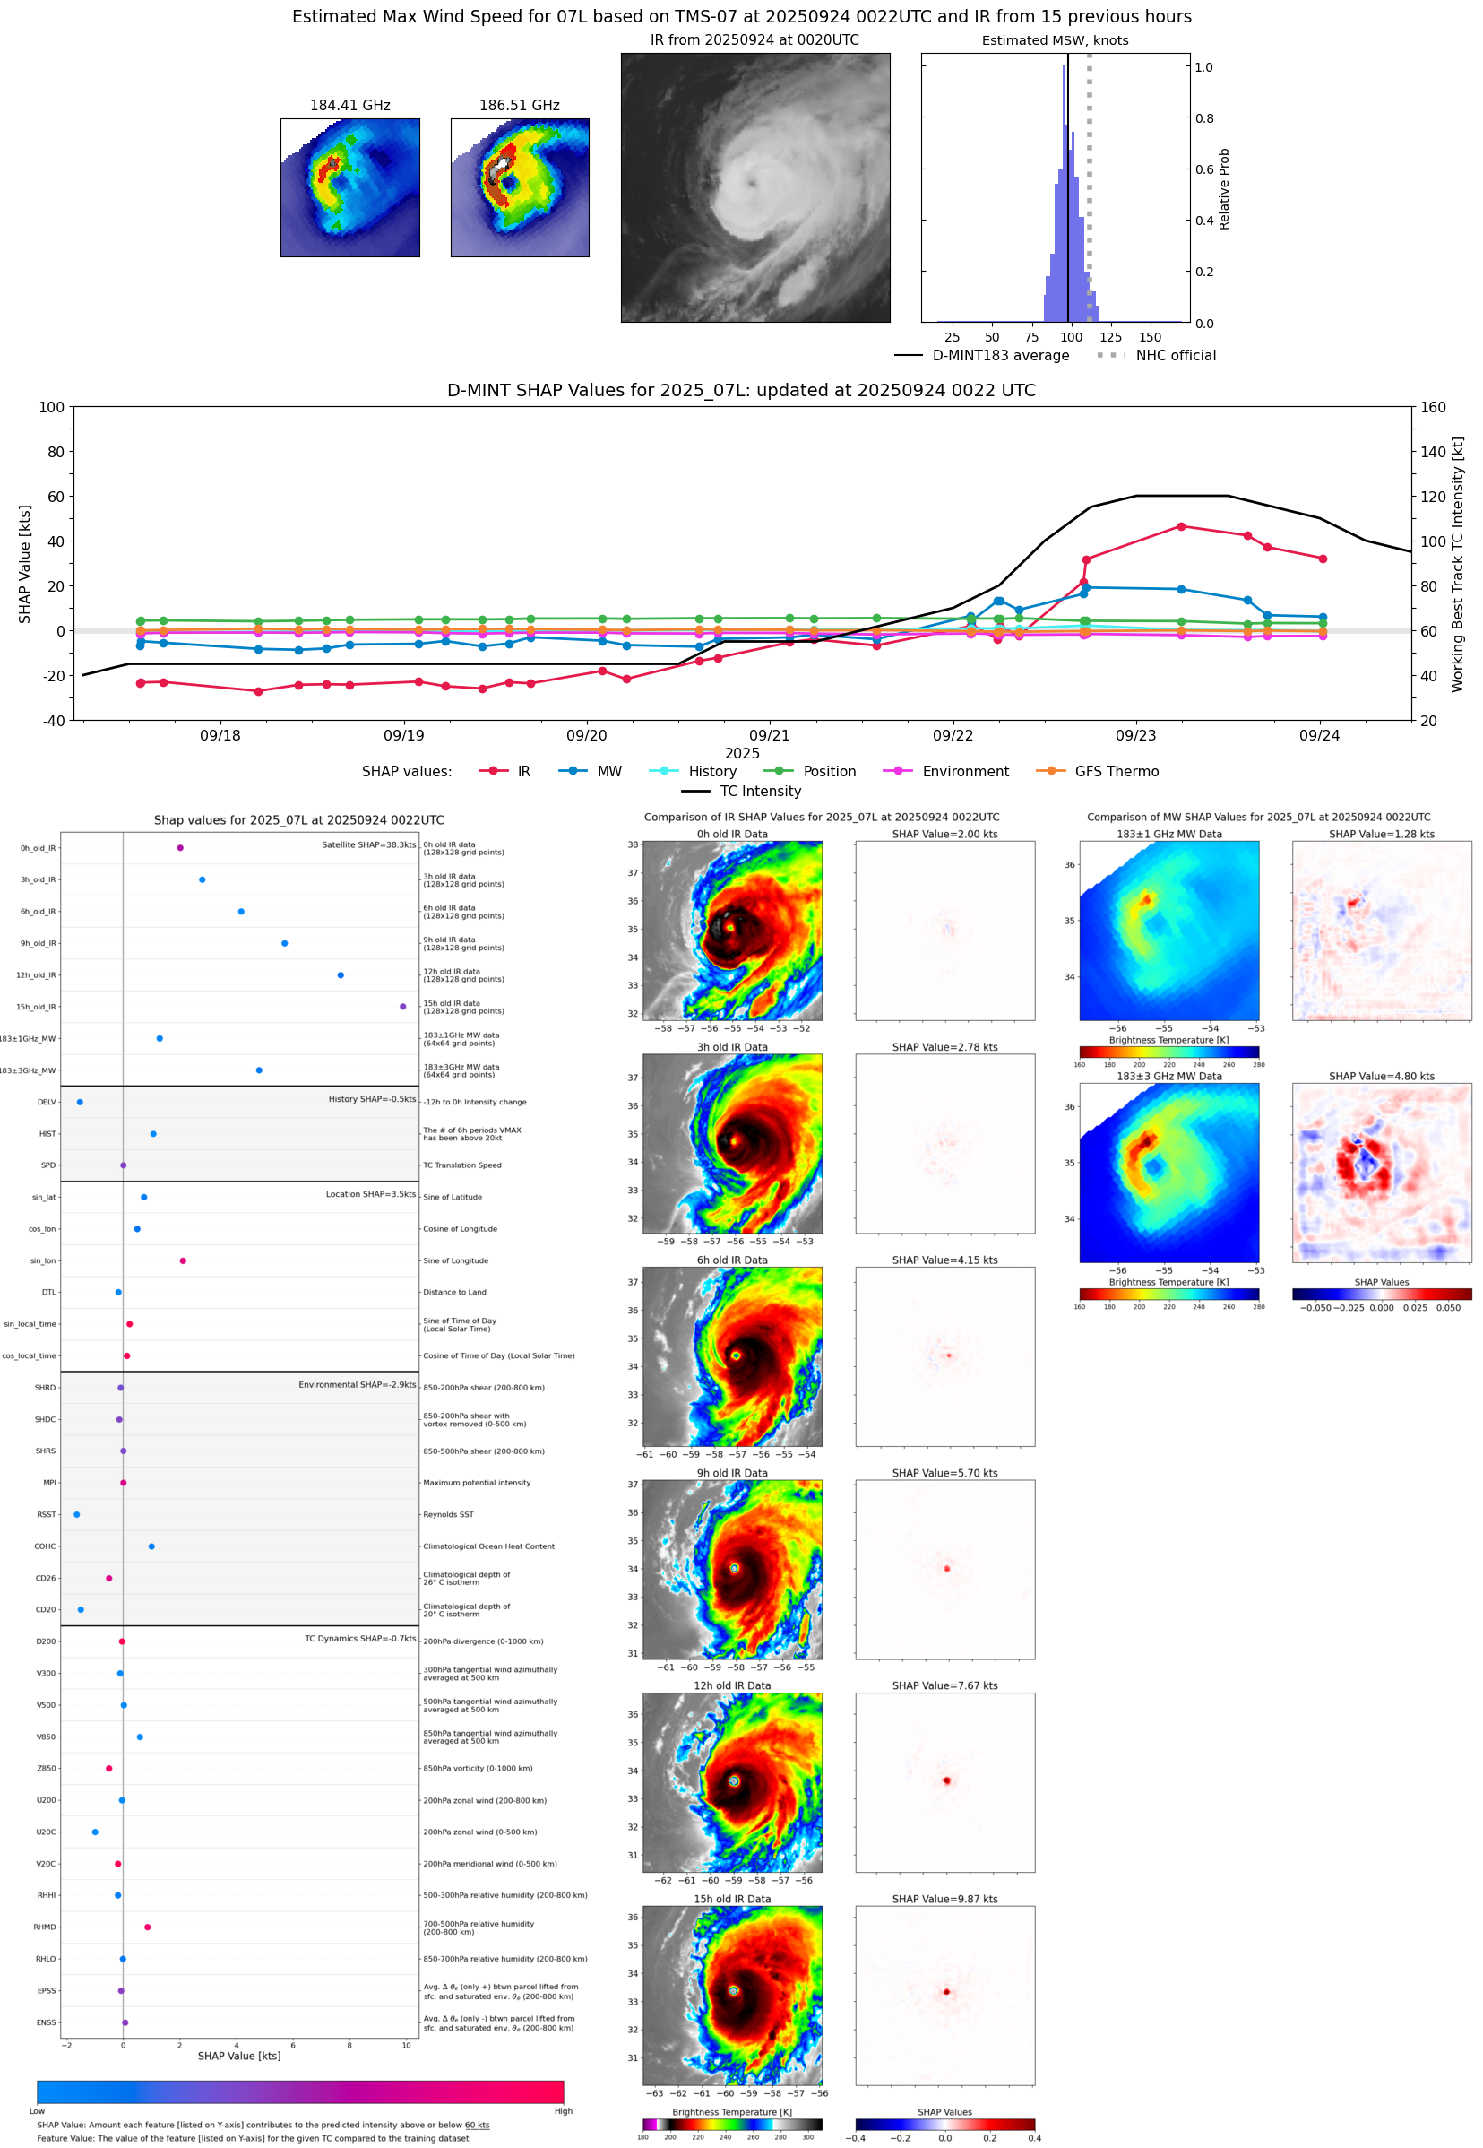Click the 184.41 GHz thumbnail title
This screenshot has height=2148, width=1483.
tap(349, 105)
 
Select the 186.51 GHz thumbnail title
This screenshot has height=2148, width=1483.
tap(520, 105)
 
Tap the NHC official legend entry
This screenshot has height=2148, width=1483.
tap(1175, 355)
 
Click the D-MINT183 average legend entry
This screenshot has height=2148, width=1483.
tap(1000, 355)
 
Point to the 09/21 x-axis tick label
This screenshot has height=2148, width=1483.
tap(770, 735)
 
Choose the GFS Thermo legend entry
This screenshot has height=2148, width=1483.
tap(1116, 772)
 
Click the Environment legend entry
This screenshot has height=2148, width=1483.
tap(964, 772)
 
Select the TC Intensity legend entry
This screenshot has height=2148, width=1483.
tap(759, 791)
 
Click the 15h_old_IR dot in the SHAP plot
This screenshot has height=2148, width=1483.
tap(402, 1007)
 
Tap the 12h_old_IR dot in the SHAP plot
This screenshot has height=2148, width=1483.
tap(341, 975)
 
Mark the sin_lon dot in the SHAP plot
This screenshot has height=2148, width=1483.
tap(183, 1260)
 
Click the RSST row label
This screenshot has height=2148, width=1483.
tap(47, 1515)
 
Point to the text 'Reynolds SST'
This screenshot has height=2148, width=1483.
tap(448, 1515)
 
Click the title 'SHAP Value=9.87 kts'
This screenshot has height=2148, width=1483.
tap(944, 1899)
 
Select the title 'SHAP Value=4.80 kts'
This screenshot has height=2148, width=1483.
tap(1381, 1077)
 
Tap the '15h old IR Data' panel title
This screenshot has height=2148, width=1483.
tap(732, 1899)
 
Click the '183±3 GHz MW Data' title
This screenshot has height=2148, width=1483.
tap(1169, 1077)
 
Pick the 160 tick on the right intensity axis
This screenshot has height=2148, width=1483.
tap(1433, 407)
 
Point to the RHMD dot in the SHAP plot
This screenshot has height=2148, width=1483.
tap(148, 1927)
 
